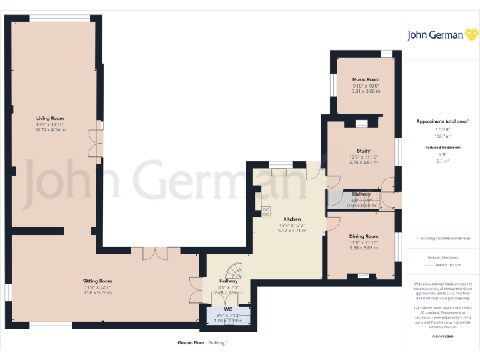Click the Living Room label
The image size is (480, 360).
pos(50,118)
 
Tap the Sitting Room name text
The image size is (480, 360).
pos(97,281)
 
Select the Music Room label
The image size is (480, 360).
pos(366,80)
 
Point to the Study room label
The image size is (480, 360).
pos(363,151)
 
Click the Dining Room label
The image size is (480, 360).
pos(363,236)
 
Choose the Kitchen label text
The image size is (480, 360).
pos(292,219)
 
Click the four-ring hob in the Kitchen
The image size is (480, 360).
pos(266,210)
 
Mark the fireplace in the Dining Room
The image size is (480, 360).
pos(363,276)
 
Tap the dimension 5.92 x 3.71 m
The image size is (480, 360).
pos(292,231)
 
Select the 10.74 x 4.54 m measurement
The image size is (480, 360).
pos(50,129)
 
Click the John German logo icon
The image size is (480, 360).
pos(472,35)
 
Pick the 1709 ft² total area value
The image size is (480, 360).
pos(442,129)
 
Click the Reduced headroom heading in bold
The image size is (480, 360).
pos(442,147)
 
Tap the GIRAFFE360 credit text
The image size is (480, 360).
pos(443,336)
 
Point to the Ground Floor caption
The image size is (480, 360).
pos(191,343)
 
